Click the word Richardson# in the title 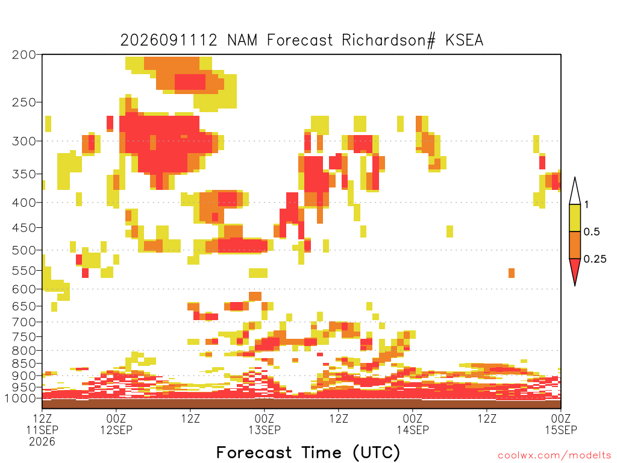tap(389, 40)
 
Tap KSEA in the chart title tap(465, 40)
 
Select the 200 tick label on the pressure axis tap(24, 55)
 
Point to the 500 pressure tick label tap(24, 250)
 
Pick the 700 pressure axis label tap(24, 322)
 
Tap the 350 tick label tap(24, 174)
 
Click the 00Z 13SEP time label tap(265, 424)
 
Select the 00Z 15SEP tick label tap(561, 424)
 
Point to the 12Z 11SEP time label tap(42, 424)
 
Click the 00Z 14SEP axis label tap(412, 424)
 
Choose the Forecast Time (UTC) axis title tap(308, 452)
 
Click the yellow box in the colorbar tap(575, 218)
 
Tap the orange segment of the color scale tap(575, 245)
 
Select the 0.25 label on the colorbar tap(595, 259)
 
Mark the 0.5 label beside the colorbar tap(592, 232)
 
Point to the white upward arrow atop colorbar tap(575, 191)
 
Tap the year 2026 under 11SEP tap(42, 442)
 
